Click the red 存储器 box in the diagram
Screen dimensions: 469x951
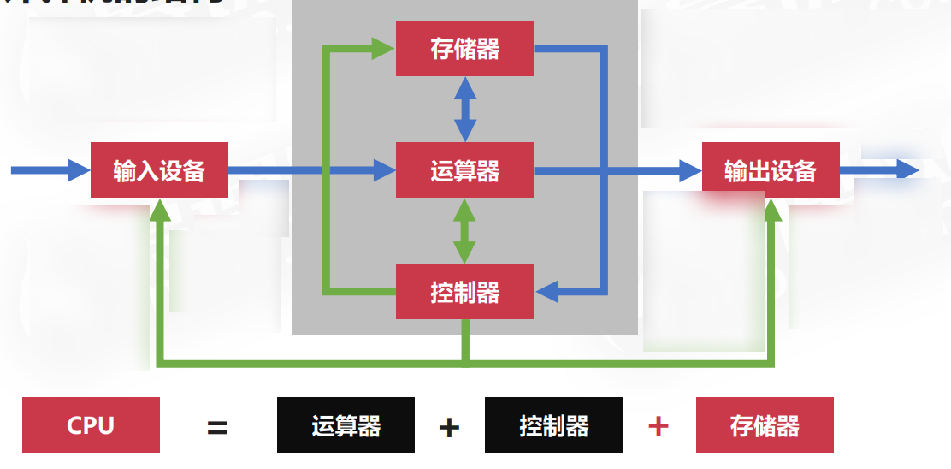click(x=464, y=49)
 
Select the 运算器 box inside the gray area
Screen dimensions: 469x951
click(x=464, y=171)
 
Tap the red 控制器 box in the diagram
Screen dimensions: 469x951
click(x=464, y=293)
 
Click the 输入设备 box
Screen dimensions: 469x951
click(x=159, y=170)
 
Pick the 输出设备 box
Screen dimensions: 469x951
click(x=770, y=170)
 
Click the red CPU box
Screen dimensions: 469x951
click(x=91, y=424)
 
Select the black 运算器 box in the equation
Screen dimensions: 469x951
click(x=346, y=424)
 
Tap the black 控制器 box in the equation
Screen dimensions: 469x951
click(x=553, y=424)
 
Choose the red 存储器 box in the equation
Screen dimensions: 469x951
click(x=765, y=424)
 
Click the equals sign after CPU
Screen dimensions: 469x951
click(x=217, y=427)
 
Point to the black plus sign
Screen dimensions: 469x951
click(x=449, y=427)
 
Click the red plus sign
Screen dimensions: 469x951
click(x=658, y=425)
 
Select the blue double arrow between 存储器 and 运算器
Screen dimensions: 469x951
click(x=464, y=109)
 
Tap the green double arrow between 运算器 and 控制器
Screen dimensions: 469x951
click(x=464, y=231)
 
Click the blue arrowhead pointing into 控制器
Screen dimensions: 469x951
click(x=546, y=292)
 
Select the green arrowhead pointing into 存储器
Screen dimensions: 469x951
click(x=384, y=49)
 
